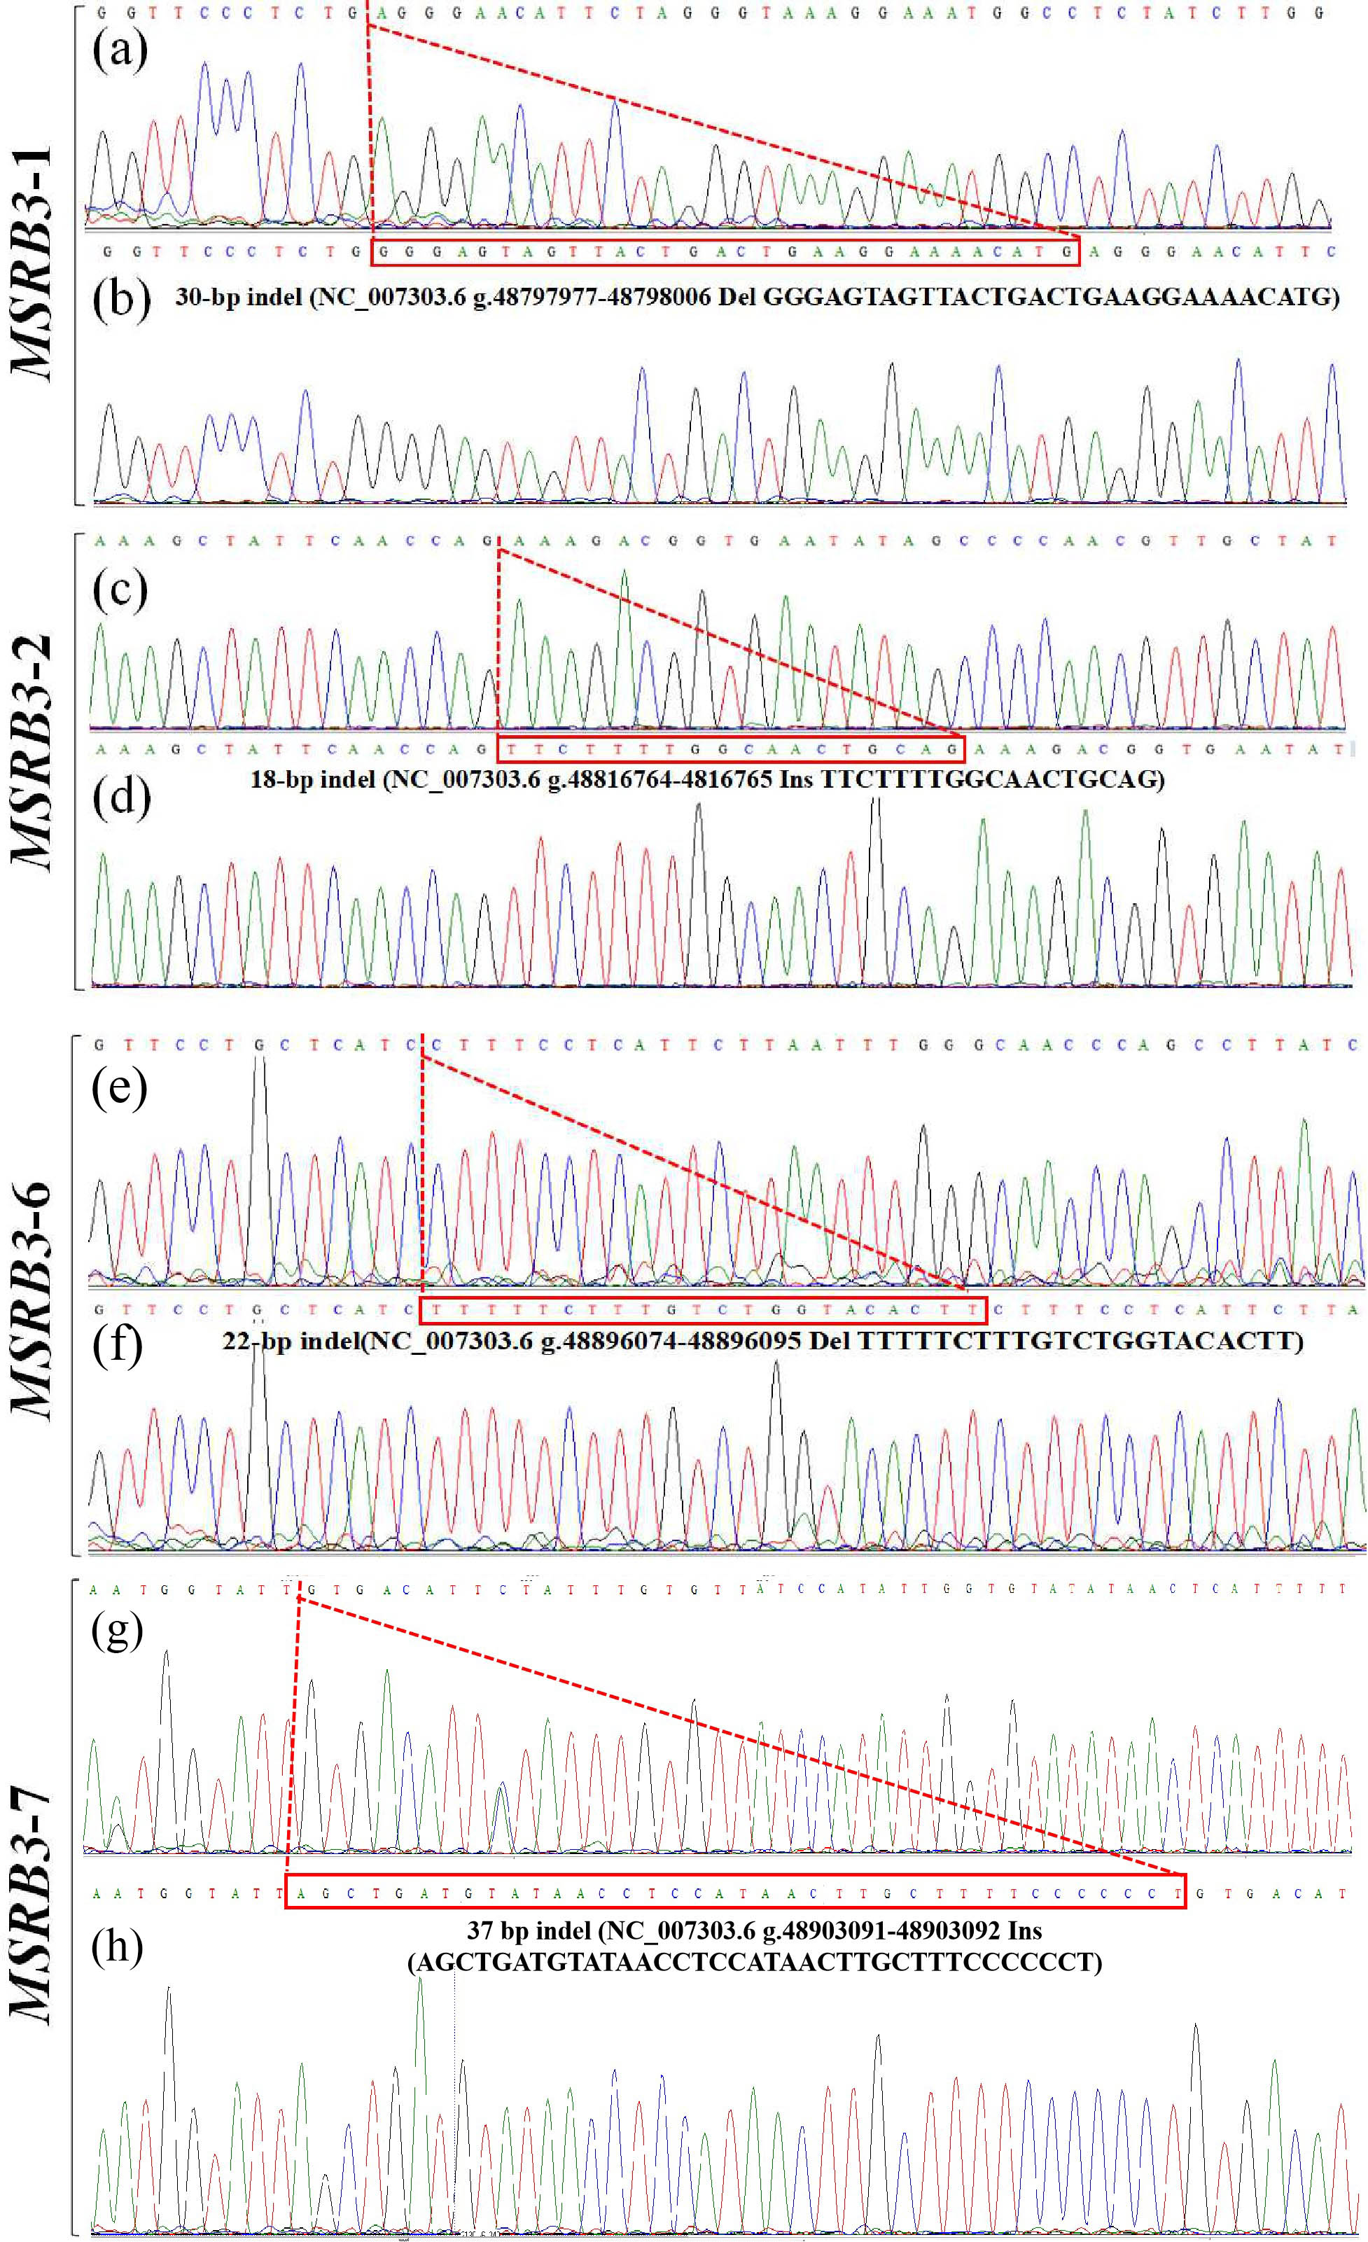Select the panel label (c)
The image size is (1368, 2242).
click(120, 590)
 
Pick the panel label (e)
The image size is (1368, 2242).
click(119, 1087)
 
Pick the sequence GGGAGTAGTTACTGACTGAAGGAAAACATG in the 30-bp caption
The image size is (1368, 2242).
click(1051, 297)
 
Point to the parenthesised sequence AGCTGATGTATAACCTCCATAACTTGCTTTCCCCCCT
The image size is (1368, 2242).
click(755, 1962)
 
